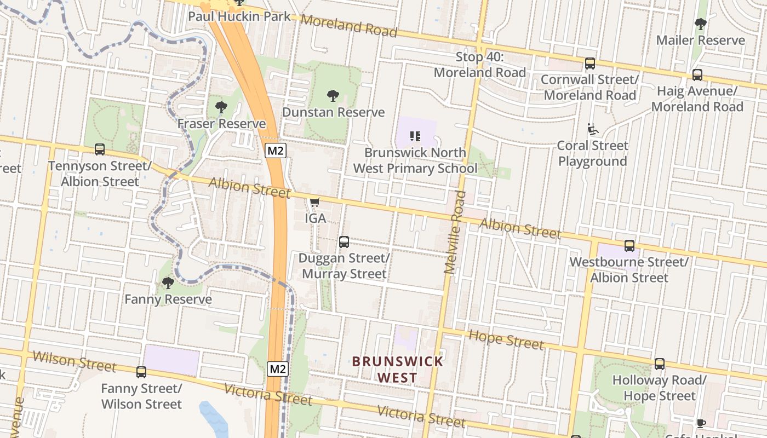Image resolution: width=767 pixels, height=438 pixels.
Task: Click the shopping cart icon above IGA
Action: pos(314,203)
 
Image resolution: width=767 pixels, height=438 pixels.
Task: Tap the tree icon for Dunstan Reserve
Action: pos(333,96)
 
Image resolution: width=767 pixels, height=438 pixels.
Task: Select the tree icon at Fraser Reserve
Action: pos(221,107)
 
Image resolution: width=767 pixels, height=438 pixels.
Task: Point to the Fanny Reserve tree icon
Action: pos(168,283)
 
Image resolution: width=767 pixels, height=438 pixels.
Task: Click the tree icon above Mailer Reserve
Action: pos(700,24)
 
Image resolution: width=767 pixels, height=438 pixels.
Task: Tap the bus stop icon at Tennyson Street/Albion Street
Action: pos(100,149)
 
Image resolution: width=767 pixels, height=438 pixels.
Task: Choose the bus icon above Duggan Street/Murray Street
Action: pos(344,241)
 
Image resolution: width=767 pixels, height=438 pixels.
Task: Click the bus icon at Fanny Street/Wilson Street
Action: pos(141,372)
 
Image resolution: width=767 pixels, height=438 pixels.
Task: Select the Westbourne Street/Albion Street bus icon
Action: pos(629,245)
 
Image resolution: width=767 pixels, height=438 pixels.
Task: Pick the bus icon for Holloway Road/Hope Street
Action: pos(660,364)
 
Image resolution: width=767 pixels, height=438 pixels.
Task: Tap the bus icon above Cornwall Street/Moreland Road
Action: pos(590,63)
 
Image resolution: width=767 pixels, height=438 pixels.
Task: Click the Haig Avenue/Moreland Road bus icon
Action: pos(697,74)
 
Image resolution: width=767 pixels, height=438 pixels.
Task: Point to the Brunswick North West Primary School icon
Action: pos(415,136)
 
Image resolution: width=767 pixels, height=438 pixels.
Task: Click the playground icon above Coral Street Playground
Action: pos(593,129)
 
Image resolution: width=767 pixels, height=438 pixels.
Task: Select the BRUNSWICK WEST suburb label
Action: pos(398,369)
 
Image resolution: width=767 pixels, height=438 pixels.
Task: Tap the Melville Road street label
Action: pos(455,232)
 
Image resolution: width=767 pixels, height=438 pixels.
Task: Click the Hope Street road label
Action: pos(507,340)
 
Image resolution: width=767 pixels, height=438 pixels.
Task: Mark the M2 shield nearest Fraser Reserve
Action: pos(275,151)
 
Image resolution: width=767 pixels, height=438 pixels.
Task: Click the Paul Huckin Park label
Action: pos(239,16)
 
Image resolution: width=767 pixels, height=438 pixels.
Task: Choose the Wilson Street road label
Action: pos(75,362)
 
